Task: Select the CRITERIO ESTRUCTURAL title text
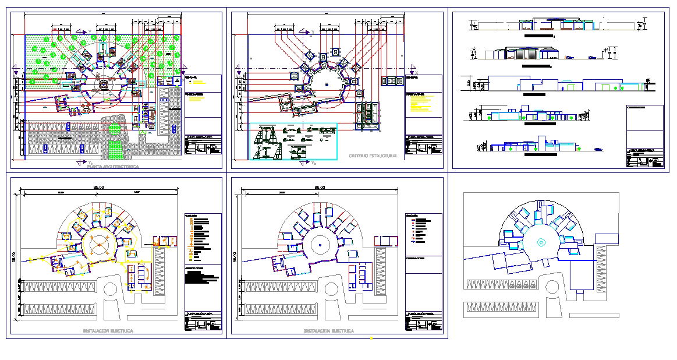(x=373, y=156)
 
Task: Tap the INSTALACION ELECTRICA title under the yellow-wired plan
(x=108, y=331)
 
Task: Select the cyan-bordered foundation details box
(x=293, y=141)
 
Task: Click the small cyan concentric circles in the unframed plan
(x=540, y=241)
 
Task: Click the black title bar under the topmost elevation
(x=538, y=36)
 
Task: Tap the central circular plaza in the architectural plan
(x=103, y=86)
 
